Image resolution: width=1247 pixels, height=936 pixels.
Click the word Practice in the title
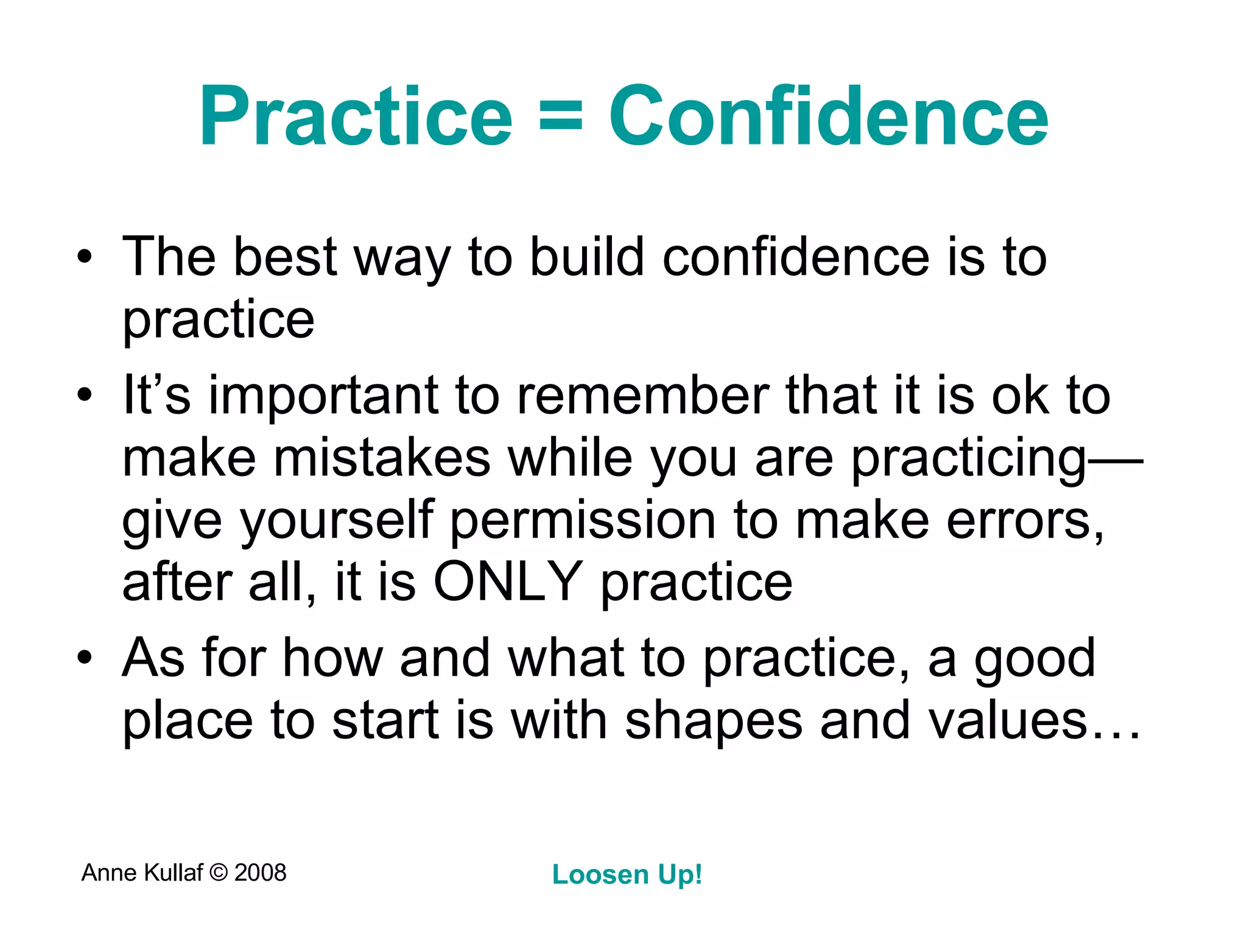click(356, 117)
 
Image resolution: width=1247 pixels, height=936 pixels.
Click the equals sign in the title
click(561, 117)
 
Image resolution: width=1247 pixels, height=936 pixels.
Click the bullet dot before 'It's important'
click(85, 395)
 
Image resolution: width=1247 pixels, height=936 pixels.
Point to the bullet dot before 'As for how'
click(85, 659)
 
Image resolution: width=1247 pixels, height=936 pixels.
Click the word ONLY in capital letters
click(508, 582)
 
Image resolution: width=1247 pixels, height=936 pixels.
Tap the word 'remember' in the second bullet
click(643, 395)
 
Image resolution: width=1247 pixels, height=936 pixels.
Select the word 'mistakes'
click(382, 458)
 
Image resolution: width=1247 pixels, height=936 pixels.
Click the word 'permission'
click(583, 520)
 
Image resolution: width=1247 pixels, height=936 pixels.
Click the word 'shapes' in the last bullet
click(714, 721)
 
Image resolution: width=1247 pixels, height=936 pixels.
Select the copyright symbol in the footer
click(218, 873)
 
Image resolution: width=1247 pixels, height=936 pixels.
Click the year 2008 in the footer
click(260, 873)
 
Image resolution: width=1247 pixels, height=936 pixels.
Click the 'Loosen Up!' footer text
click(627, 875)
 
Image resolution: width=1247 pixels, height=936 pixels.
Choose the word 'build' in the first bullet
click(586, 257)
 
